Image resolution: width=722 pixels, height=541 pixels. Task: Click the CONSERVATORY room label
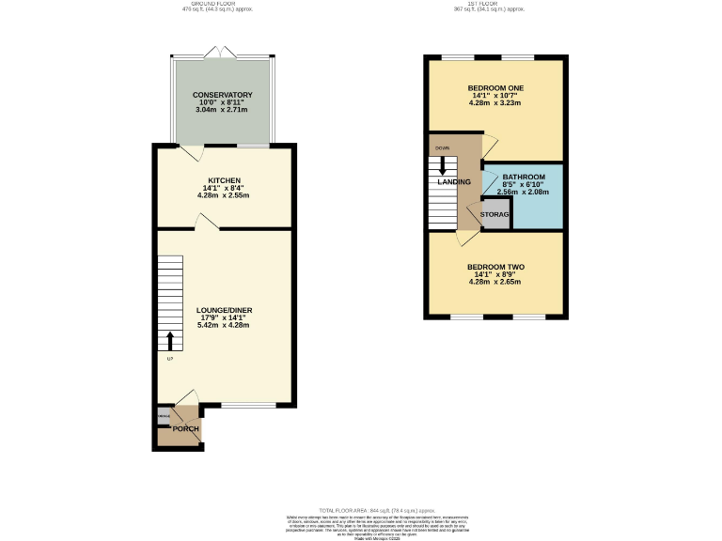(223, 95)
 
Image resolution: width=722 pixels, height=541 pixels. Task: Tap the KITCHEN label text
(225, 180)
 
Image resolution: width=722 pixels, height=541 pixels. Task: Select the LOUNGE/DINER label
(224, 310)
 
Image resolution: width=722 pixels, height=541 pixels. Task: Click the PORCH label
(185, 429)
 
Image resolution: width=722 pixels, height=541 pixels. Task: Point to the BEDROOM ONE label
(495, 88)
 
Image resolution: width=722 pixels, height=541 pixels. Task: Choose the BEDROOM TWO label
(495, 267)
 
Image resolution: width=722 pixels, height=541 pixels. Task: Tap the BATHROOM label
(523, 177)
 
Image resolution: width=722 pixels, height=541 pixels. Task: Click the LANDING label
(453, 181)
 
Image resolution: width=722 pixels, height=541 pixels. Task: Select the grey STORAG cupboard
(494, 214)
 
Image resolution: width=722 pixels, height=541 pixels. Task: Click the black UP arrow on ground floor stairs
(170, 340)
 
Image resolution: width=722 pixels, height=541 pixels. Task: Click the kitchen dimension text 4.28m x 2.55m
(225, 195)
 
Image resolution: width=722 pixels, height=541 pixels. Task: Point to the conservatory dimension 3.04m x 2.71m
(223, 110)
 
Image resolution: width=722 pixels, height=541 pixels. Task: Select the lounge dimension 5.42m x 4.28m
(224, 325)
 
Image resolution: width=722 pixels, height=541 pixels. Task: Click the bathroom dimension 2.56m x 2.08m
(523, 192)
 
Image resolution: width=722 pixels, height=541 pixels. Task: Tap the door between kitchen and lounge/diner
(206, 222)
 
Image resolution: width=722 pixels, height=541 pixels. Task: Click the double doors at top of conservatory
(223, 52)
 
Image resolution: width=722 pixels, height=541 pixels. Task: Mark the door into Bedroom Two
(465, 237)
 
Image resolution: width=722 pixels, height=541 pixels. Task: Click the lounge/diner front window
(248, 406)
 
